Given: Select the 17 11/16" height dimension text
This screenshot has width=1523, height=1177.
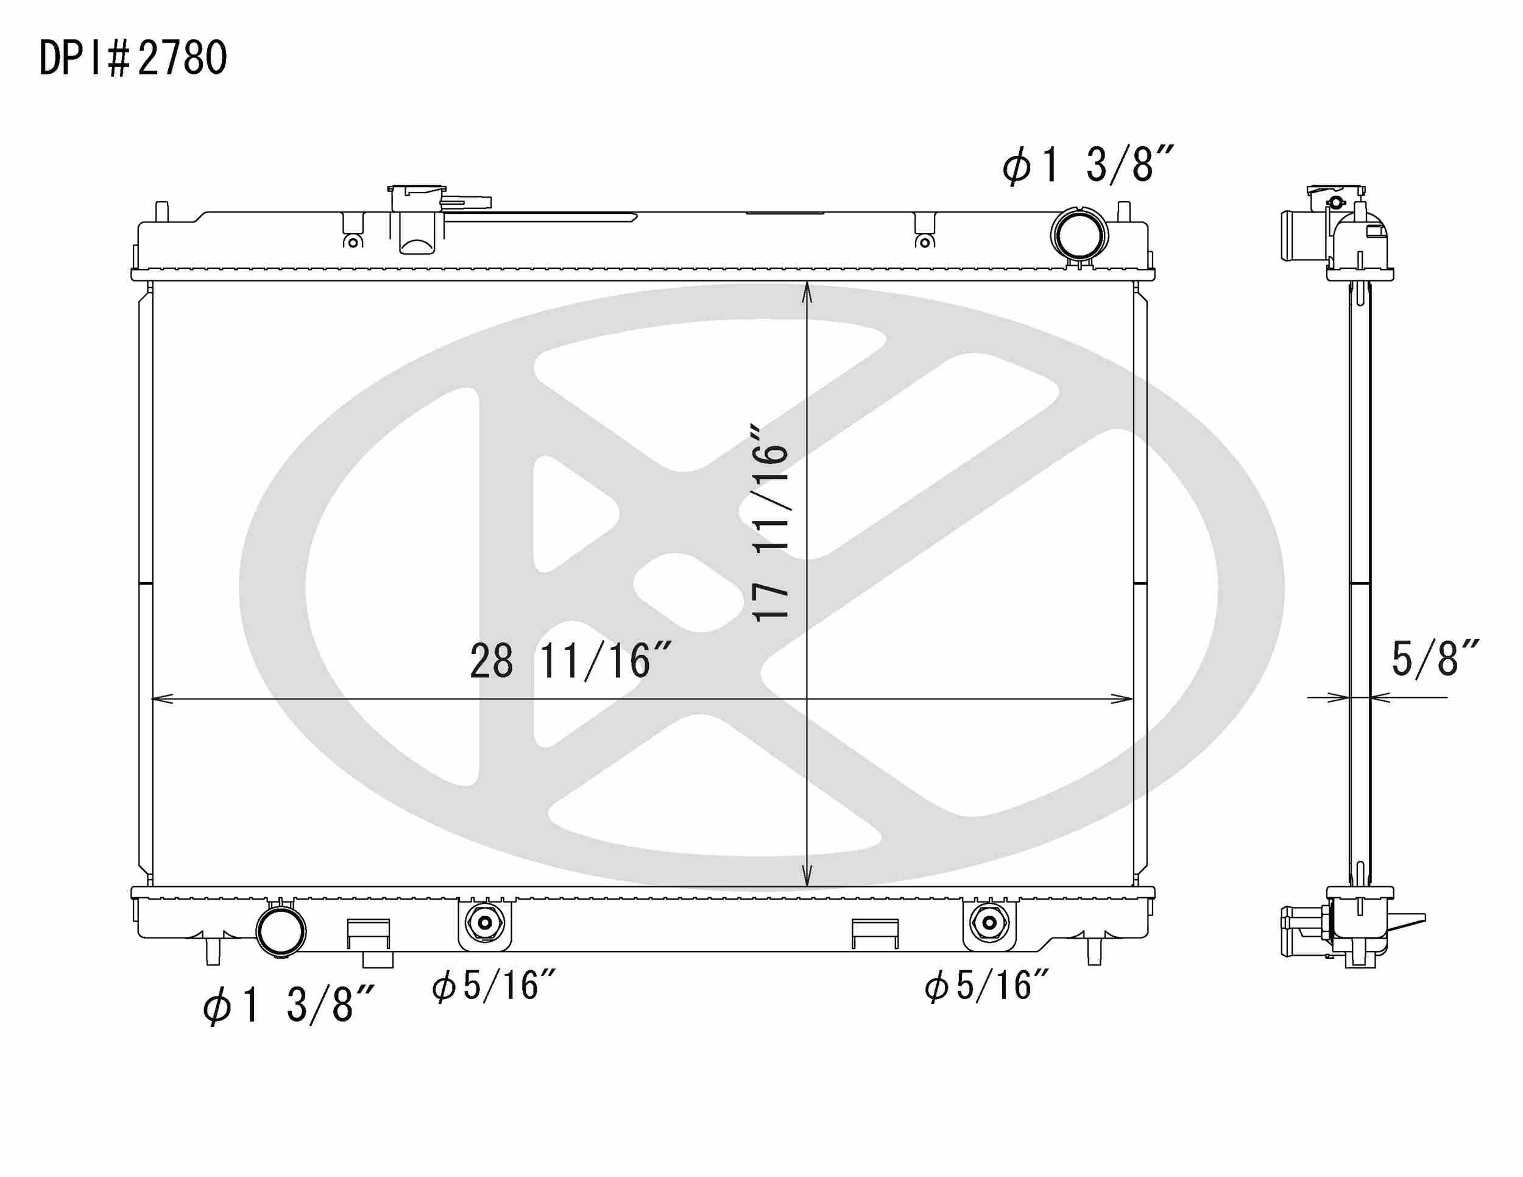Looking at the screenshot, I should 771,521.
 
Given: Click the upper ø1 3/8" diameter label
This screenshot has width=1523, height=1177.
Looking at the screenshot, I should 1089,166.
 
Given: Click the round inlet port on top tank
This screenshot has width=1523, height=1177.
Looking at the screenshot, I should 1079,235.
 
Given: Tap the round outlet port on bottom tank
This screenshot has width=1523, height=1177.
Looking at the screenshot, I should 281,931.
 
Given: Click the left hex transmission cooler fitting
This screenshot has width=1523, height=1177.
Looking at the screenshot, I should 484,923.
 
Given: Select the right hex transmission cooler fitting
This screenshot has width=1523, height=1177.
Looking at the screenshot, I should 989,922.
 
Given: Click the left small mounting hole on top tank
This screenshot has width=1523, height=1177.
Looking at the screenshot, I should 353,242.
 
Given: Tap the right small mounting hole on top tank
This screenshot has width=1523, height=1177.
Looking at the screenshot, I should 925,242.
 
